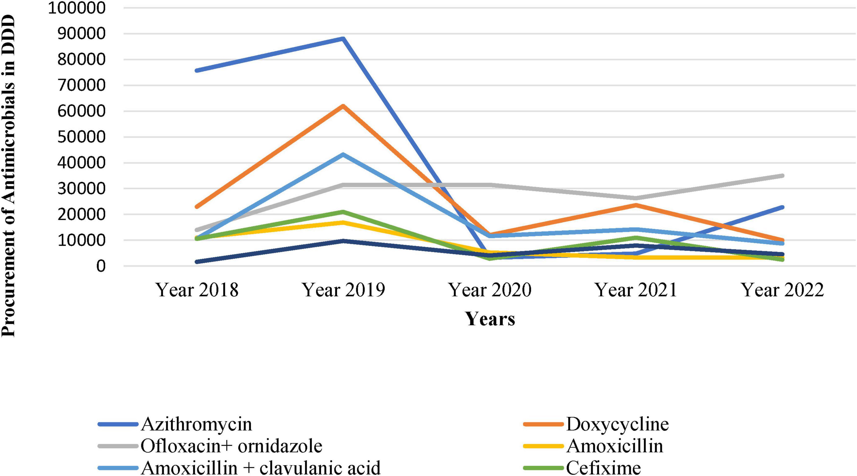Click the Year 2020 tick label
coord(490,290)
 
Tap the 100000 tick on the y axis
coord(77,8)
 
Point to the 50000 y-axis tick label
coord(81,137)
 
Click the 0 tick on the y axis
coord(101,266)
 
